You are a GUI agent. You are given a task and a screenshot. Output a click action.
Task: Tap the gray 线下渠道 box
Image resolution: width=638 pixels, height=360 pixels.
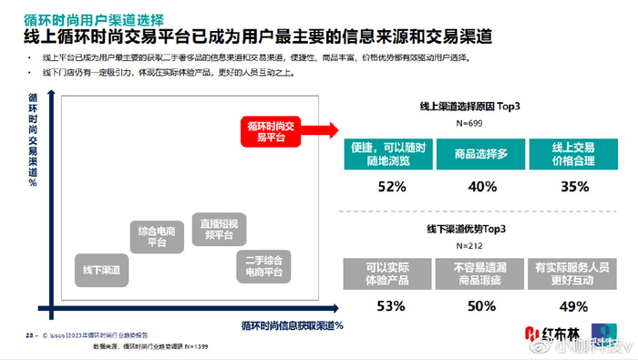(x=100, y=270)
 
